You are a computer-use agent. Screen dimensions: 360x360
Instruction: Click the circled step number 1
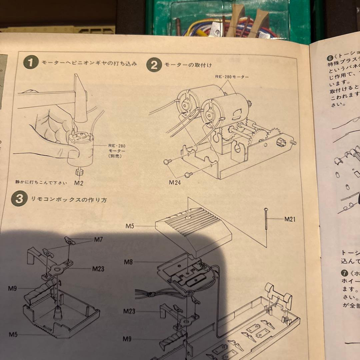coord(31,62)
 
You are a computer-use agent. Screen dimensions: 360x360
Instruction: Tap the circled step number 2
coord(154,65)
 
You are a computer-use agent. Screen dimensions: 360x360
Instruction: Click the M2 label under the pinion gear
coord(79,183)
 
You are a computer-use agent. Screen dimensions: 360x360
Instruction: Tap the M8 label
coord(129,262)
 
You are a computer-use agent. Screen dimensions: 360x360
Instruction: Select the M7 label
coord(98,239)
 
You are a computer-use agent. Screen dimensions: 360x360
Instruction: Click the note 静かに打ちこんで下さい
coord(41,182)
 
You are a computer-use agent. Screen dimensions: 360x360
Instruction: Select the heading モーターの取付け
coord(188,65)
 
